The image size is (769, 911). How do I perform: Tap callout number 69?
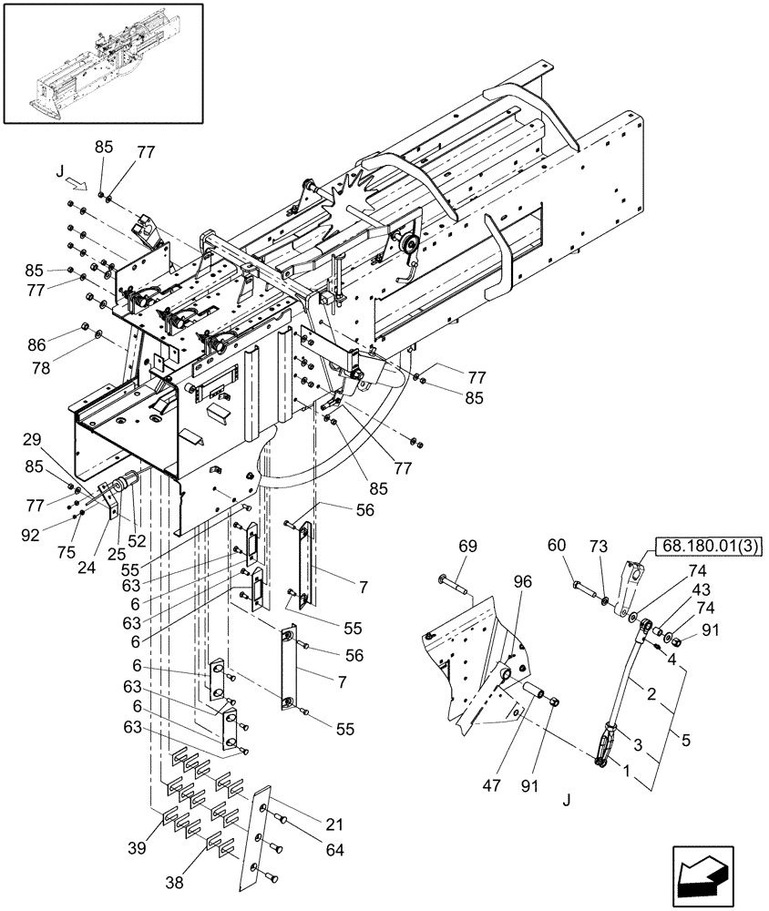point(467,547)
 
